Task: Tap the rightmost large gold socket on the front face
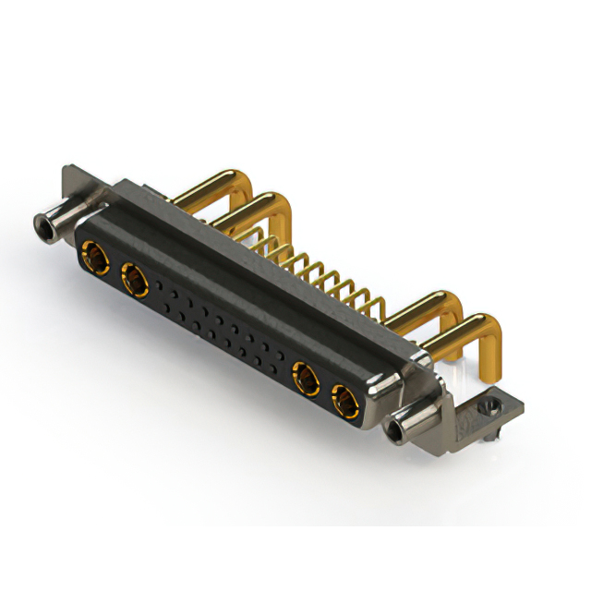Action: (x=344, y=400)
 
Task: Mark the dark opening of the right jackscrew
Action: (x=397, y=431)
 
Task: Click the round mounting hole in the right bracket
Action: (x=488, y=404)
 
